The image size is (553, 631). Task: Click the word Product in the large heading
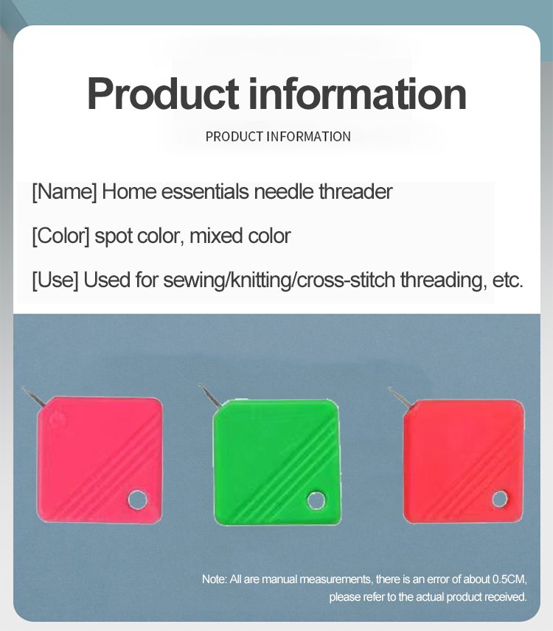point(163,94)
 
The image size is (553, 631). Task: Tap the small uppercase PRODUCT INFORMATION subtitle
point(278,137)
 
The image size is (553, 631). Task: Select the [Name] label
point(64,192)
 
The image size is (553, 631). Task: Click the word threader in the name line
point(356,191)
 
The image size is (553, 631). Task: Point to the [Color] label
point(61,236)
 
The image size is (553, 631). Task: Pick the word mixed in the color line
point(215,236)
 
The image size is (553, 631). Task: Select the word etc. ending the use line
point(508,280)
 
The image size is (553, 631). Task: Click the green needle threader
point(277,462)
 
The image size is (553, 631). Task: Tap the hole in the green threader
point(316,501)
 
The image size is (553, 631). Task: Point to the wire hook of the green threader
point(209,395)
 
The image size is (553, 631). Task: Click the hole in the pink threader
point(137,499)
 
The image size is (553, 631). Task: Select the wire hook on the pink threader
point(32,397)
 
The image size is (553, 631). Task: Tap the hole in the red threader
point(500,499)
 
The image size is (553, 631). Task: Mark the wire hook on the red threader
point(400,398)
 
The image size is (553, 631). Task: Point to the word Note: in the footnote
point(215,579)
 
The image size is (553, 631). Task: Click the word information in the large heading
point(358,94)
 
